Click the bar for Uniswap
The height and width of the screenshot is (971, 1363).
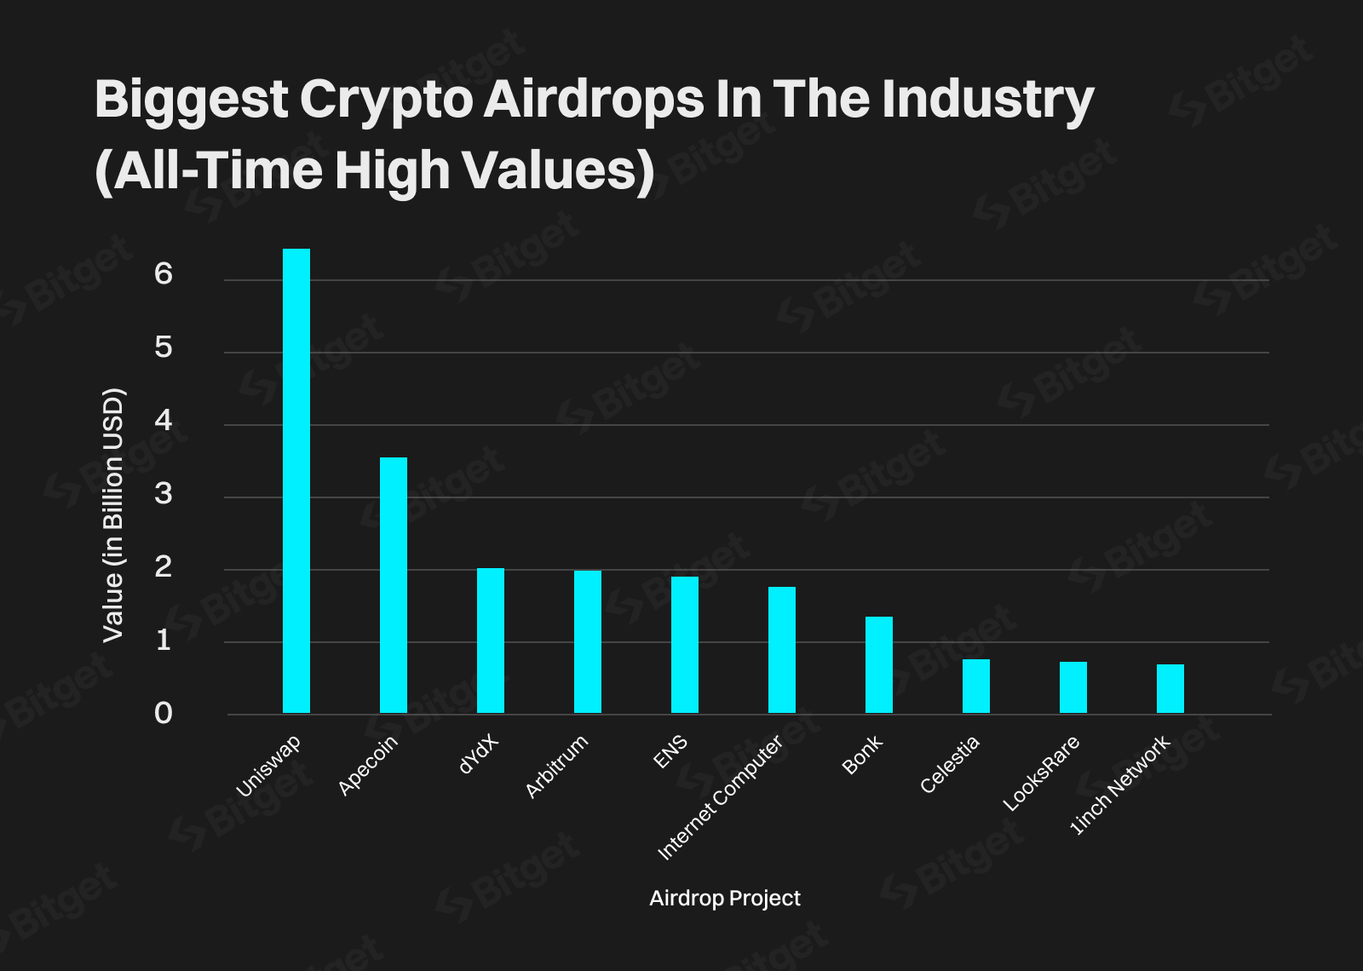tap(296, 481)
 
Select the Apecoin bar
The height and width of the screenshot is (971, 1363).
tap(394, 585)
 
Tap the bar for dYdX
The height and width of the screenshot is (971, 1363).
tap(491, 641)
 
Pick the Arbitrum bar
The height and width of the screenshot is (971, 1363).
tap(588, 641)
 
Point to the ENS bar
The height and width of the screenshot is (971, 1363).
tap(685, 645)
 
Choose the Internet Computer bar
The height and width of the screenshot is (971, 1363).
tap(782, 650)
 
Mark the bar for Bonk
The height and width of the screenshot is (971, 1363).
tap(879, 664)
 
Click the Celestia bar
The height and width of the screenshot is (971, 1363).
tap(976, 686)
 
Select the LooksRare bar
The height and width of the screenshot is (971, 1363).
tap(1073, 687)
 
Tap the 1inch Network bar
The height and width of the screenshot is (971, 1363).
tap(1170, 688)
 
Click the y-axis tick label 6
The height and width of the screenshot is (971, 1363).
tap(164, 274)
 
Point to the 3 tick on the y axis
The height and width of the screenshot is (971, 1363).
tap(164, 494)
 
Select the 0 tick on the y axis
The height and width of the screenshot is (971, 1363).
tap(164, 714)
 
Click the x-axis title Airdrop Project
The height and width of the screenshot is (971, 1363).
tap(725, 898)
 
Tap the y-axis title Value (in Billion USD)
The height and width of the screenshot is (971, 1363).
tap(113, 515)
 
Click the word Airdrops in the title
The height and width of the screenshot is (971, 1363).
tap(594, 99)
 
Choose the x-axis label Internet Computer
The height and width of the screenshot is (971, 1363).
tap(721, 797)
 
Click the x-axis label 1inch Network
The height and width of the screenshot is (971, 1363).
tap(1120, 785)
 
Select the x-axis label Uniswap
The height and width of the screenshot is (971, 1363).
tap(268, 767)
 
